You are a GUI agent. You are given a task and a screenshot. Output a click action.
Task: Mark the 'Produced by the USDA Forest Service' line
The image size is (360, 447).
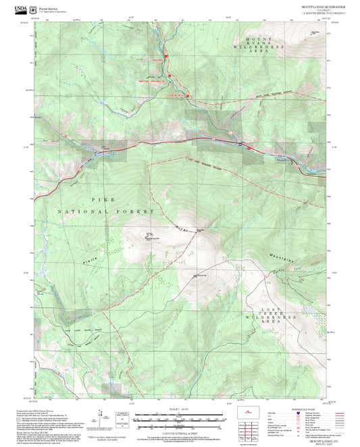pos(37,411)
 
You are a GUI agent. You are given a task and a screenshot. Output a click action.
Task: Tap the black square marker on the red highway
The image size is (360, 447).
pos(240,144)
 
